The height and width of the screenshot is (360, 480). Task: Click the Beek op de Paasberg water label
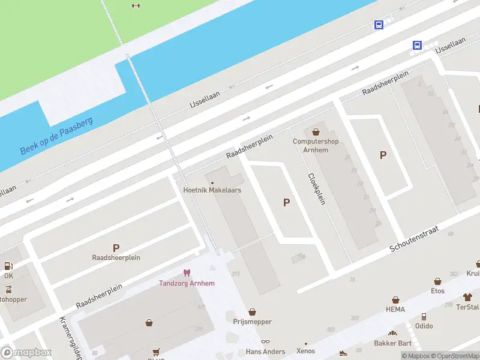(x=56, y=136)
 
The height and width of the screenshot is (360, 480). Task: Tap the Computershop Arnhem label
(x=316, y=146)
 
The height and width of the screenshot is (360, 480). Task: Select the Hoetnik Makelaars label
(x=212, y=190)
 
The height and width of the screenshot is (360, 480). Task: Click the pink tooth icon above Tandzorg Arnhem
(x=187, y=273)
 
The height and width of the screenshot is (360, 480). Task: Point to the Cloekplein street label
(x=316, y=189)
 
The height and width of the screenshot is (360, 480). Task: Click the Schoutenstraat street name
(x=415, y=239)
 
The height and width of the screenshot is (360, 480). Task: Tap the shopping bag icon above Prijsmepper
(x=252, y=312)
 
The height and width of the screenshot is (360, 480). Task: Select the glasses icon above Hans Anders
(x=265, y=341)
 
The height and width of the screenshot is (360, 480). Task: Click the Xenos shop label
(x=305, y=351)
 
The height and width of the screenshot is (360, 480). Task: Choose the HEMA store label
(x=395, y=310)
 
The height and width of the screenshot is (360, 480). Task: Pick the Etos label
(x=437, y=291)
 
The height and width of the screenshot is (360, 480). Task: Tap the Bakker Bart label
(x=392, y=343)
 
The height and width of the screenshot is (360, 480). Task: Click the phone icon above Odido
(x=424, y=316)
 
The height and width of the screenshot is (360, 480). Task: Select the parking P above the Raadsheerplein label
(x=116, y=247)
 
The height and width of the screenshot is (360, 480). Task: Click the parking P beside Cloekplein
(x=286, y=203)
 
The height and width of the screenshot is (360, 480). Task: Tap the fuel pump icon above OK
(x=8, y=266)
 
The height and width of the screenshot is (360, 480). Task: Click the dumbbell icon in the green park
(x=136, y=6)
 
